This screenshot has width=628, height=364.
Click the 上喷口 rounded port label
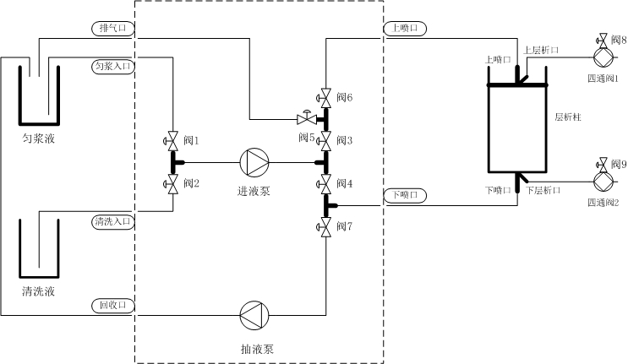[x=406, y=28]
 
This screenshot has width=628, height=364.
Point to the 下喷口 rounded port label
[x=406, y=195]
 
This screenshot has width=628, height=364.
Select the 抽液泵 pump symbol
[x=254, y=316]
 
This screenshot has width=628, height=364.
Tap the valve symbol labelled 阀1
[x=172, y=139]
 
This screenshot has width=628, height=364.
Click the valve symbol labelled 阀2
[x=172, y=183]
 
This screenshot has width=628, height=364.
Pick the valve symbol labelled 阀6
[x=324, y=97]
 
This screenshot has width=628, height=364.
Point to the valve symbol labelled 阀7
[x=324, y=226]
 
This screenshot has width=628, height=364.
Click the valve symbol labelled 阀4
[x=324, y=183]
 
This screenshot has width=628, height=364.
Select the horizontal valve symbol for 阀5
[x=304, y=118]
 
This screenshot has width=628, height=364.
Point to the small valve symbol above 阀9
[x=603, y=162]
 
